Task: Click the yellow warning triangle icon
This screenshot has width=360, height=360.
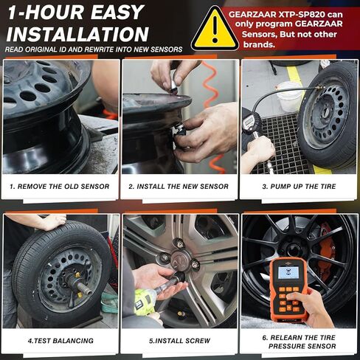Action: pos(214,30)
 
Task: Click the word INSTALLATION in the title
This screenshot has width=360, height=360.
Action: pos(77,34)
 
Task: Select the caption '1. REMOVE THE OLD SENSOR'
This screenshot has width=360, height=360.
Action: pos(60,187)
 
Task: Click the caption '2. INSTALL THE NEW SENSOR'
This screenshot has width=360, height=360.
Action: pos(179,187)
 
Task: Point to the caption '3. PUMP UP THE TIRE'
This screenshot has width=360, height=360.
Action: pos(299,187)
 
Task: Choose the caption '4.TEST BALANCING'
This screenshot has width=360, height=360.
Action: pos(60,340)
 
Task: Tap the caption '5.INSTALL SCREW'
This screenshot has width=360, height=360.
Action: pos(179,340)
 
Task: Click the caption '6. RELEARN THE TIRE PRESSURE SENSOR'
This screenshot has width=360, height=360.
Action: pos(299,340)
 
